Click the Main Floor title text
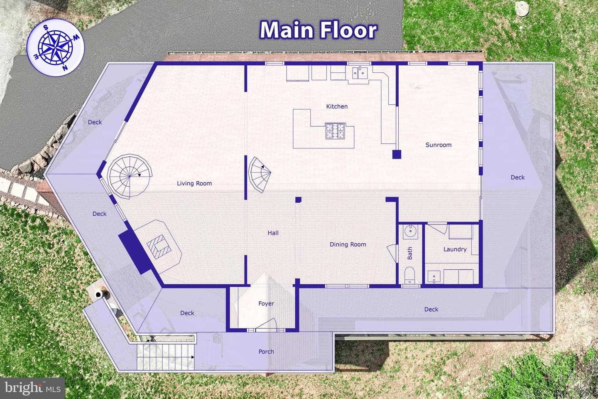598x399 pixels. (x=318, y=30)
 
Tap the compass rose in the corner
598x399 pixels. (x=56, y=47)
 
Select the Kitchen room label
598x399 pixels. (x=337, y=106)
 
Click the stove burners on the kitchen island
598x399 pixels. (x=335, y=131)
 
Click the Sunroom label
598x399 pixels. (x=439, y=145)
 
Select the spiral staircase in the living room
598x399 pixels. (x=130, y=176)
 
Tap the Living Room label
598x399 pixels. (x=194, y=183)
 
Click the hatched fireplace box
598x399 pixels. (x=159, y=246)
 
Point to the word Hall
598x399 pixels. (x=273, y=233)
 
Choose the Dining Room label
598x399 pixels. (x=348, y=244)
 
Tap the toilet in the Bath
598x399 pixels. (x=409, y=275)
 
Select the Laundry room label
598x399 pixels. (x=455, y=249)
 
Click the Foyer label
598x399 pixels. (x=266, y=303)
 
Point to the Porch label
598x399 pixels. (x=266, y=352)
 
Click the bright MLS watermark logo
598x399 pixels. (x=32, y=388)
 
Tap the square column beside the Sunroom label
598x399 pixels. (x=397, y=155)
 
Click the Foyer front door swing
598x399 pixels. (x=267, y=325)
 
